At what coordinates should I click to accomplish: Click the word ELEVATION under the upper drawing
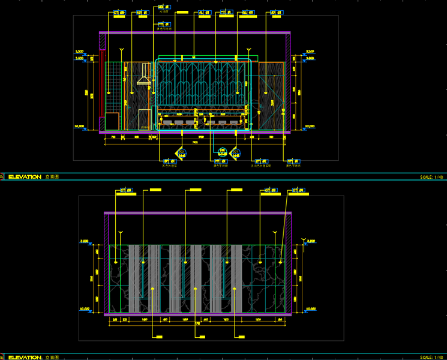(24, 177)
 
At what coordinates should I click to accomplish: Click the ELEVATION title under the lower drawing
(24, 357)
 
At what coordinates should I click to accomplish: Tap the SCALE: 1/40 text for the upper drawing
(431, 177)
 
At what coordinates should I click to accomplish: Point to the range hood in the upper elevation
(144, 80)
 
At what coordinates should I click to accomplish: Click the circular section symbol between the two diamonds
(222, 152)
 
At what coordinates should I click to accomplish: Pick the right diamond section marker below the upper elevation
(236, 154)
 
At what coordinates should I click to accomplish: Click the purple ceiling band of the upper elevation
(195, 33)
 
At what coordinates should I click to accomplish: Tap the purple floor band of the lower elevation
(198, 314)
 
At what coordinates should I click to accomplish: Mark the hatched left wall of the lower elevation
(106, 264)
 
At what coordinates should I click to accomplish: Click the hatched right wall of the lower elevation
(290, 264)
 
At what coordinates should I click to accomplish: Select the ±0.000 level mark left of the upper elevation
(79, 127)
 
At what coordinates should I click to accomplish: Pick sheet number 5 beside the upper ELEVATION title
(2, 177)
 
